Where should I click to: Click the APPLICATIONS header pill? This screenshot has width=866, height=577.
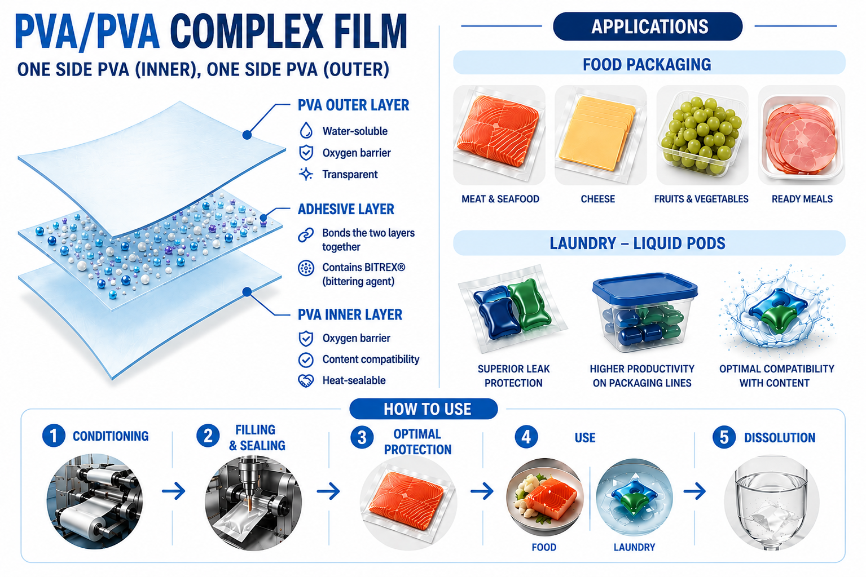point(648,26)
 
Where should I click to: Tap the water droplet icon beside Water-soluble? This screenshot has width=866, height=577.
point(306,131)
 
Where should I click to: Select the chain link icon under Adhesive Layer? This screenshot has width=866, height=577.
point(306,234)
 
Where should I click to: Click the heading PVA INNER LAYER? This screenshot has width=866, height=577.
point(350,314)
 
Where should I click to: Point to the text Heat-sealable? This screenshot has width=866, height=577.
point(354,380)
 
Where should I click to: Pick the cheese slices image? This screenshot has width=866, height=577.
point(600,135)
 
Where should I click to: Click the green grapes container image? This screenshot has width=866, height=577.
point(702,135)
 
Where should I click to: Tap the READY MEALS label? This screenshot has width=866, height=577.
point(802,199)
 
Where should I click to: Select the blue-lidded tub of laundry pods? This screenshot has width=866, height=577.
point(645,312)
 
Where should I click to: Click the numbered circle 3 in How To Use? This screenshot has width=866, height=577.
point(362,438)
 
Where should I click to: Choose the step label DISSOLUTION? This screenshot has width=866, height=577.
point(780,438)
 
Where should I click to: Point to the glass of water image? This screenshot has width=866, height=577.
point(772,503)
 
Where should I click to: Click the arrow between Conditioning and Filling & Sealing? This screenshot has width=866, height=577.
point(174,491)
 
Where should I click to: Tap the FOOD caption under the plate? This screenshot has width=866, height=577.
point(544,547)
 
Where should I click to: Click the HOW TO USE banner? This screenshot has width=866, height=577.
point(424,409)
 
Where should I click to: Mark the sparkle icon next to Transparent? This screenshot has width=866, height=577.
point(306,174)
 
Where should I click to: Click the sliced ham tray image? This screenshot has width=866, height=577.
point(802,135)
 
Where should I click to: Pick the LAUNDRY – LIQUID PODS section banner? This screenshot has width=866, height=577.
point(649,243)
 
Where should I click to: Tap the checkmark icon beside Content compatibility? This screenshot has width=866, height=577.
point(306,359)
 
